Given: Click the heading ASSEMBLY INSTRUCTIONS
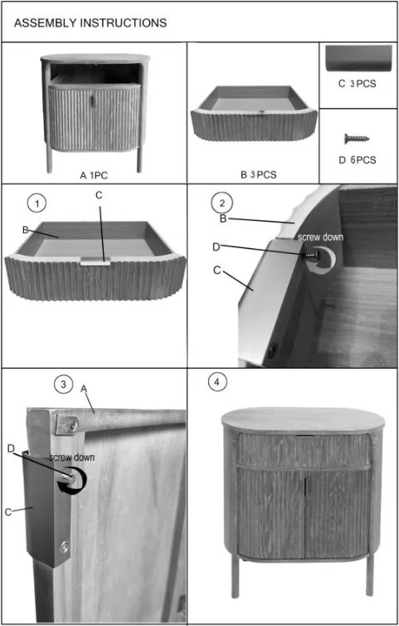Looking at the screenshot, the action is (90, 22).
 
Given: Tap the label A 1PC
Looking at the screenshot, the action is (94, 175).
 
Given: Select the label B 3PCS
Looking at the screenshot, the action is (258, 174).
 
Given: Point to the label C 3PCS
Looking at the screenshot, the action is (357, 84).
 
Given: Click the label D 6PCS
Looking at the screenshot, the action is (357, 160).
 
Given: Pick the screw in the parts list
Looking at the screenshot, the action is (357, 139).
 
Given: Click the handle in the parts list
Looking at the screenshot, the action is (358, 58).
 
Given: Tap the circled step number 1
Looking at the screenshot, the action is (36, 203).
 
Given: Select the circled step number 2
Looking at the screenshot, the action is (221, 203).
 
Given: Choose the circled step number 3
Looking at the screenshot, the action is (63, 384).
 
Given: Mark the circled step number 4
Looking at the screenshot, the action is (217, 382).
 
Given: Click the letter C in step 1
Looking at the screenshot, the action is (99, 195).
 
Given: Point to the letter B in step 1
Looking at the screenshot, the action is (25, 230).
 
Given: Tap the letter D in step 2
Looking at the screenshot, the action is (216, 247).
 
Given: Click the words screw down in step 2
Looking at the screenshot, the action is (320, 237).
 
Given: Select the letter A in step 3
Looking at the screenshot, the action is (84, 389).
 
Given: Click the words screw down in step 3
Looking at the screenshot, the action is (72, 457).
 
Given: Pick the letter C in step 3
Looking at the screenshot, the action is (8, 512).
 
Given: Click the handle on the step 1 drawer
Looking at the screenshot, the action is (95, 262).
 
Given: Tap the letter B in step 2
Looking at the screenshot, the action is (223, 218).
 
